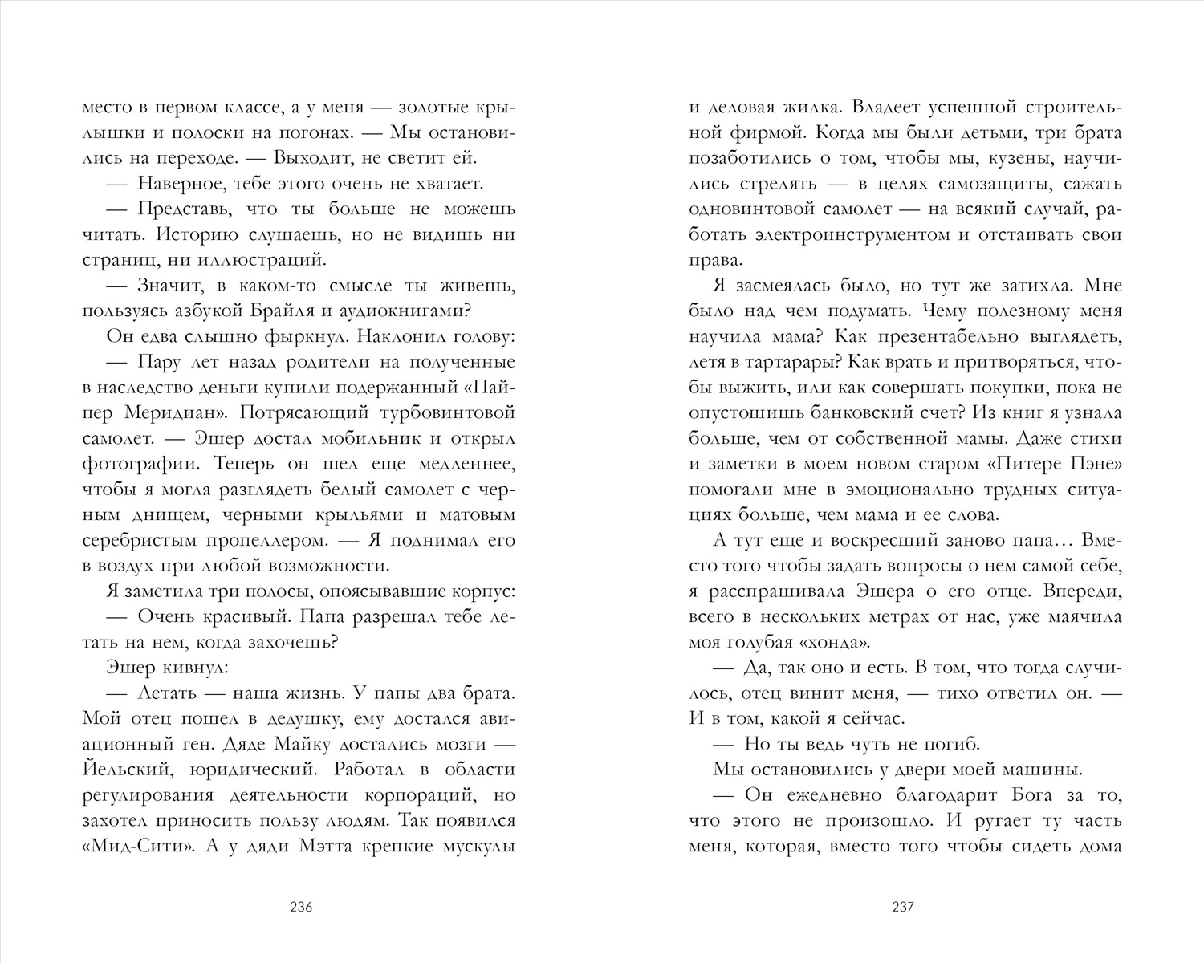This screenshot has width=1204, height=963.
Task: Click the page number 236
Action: tap(300, 908)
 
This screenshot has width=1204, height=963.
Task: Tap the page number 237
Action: tap(903, 908)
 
